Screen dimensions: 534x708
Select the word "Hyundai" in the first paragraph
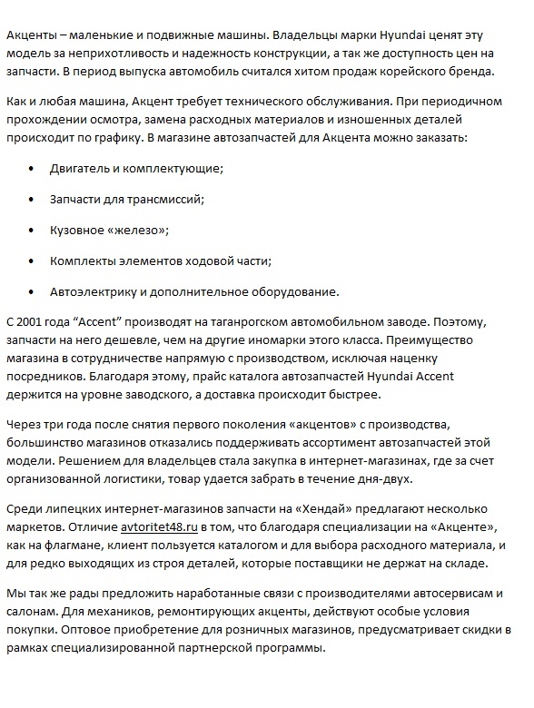(x=374, y=34)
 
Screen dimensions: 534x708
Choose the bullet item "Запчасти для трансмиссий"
(x=127, y=200)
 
